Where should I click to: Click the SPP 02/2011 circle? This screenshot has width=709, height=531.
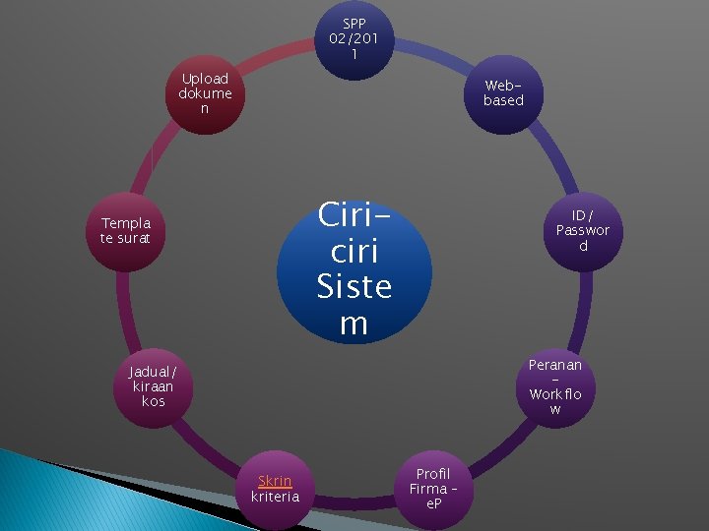pos(354,39)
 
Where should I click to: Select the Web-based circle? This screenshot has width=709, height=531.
pos(503,94)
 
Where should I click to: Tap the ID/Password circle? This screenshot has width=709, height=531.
pos(583,231)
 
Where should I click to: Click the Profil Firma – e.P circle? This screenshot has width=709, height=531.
pos(429,489)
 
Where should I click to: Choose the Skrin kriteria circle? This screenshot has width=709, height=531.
pos(275,489)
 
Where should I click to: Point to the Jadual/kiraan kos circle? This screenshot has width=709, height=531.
pos(153,386)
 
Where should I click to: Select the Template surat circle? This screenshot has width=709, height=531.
pos(125,231)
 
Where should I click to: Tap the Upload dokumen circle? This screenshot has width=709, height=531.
pos(205,93)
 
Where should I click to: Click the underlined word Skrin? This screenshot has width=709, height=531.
pos(275,481)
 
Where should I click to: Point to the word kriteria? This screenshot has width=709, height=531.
pos(275,497)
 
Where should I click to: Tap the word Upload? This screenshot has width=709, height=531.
pos(205,79)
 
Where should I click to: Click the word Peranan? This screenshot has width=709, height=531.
pos(555,365)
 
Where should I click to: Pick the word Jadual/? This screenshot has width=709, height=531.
pos(153,372)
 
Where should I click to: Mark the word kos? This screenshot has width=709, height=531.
pos(153,401)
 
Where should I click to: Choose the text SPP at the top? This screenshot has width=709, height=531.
pos(354,24)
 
